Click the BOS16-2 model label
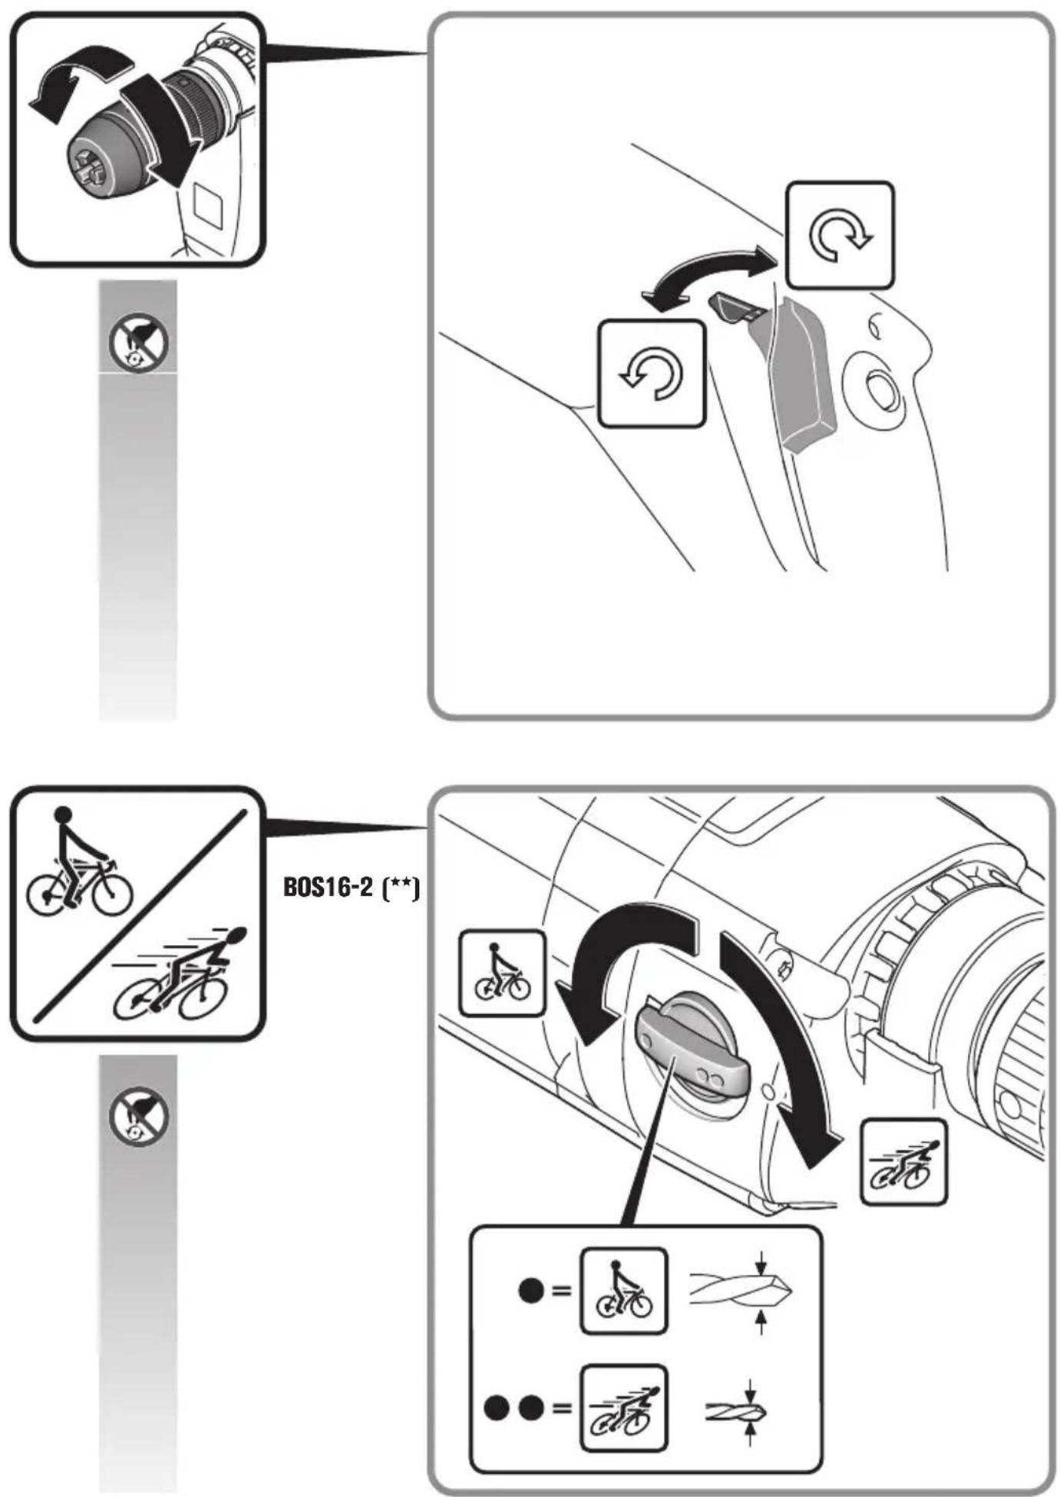351,888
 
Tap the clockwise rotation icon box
840,235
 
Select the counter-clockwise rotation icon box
651,373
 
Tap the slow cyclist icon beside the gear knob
501,973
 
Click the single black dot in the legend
531,1290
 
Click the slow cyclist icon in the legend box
623,1290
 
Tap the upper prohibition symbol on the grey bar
138,341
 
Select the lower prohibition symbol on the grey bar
138,1116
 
